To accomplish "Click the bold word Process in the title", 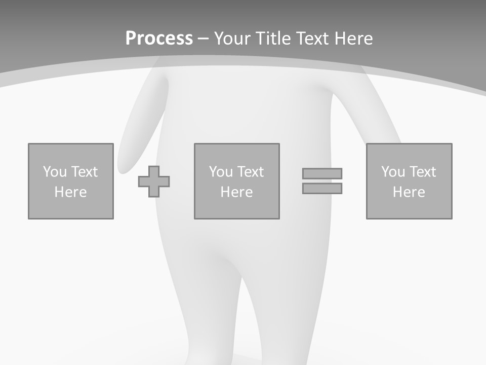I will coord(159,39).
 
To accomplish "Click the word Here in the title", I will coord(354,39).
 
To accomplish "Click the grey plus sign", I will coord(154,181).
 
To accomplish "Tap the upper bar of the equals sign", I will coord(322,173).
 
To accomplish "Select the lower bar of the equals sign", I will coord(322,188).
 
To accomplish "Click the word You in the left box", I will coord(55,172).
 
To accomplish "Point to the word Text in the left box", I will coord(84,172).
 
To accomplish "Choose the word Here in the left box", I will coord(70,192).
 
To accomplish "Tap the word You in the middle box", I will coord(221,172).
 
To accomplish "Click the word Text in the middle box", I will coord(250,172).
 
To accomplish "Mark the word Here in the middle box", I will coord(236,192).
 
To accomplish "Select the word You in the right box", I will coord(393,172).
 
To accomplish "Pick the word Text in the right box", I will coord(422,172).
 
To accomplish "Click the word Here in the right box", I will coord(409,192).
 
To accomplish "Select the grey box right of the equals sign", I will coord(409,208).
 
